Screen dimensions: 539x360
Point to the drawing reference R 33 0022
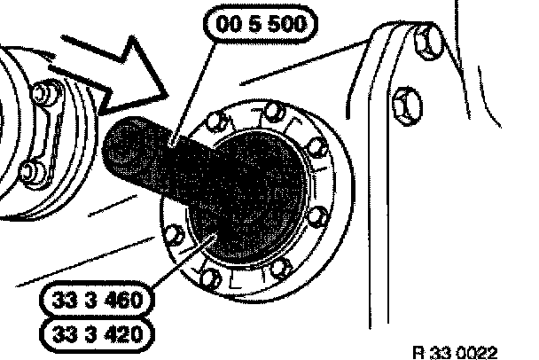point(461,350)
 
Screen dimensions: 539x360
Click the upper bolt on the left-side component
point(39,93)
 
